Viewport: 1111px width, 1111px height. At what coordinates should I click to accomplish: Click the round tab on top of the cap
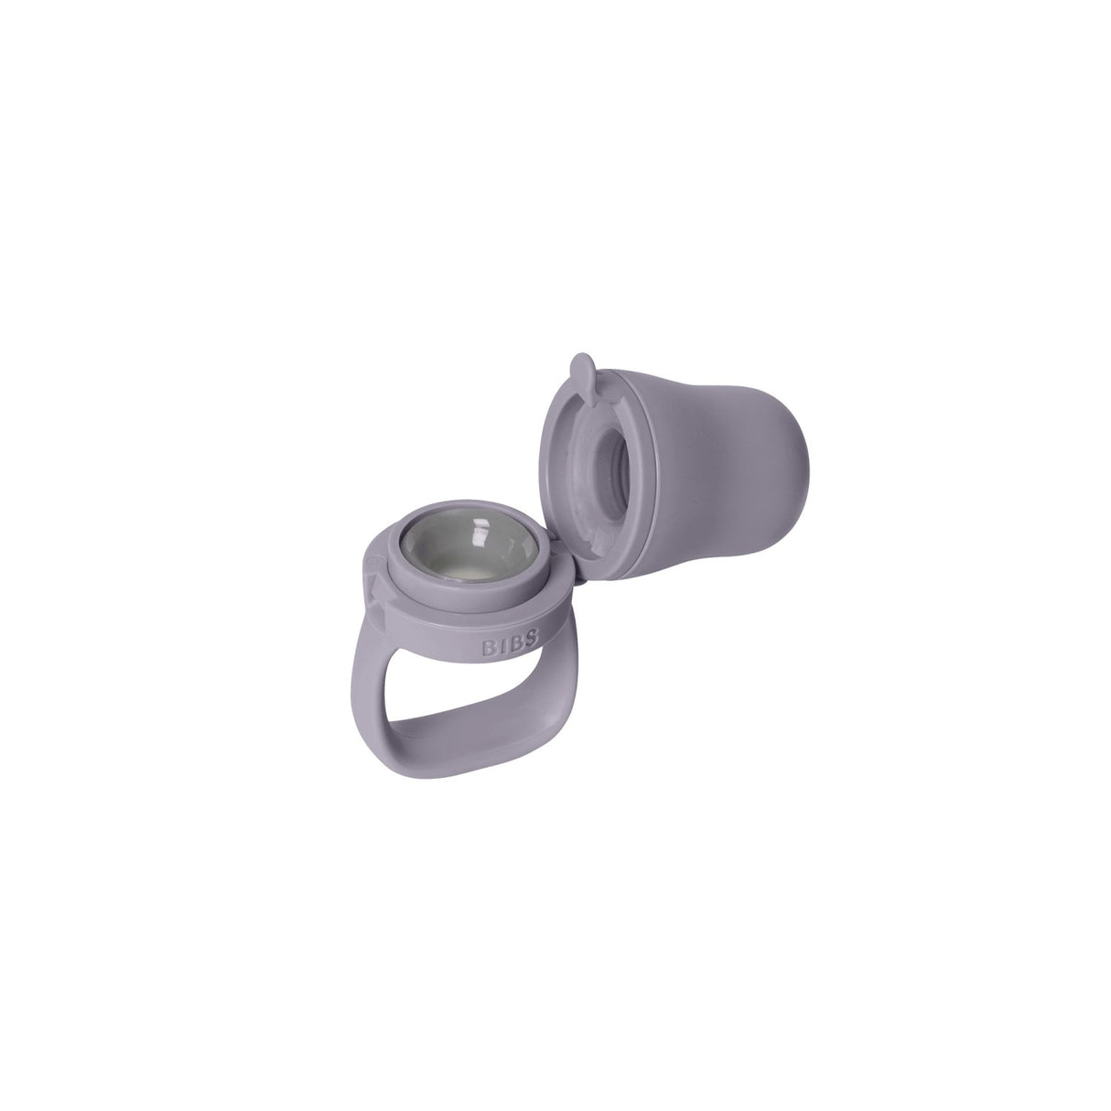point(580,371)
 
